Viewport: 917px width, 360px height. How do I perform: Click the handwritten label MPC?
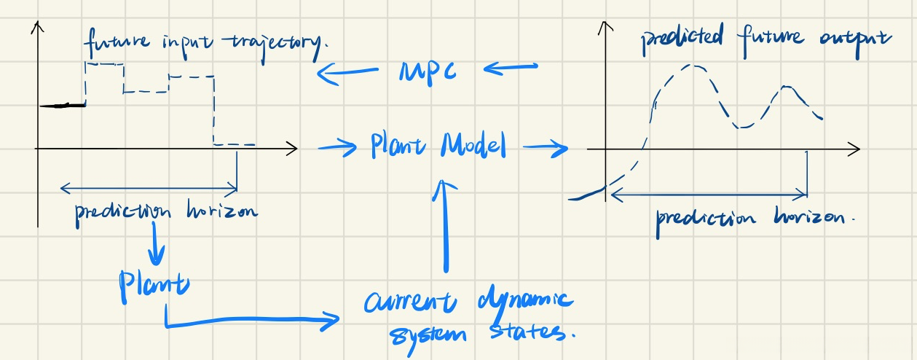428,71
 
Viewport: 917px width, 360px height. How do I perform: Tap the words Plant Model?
437,146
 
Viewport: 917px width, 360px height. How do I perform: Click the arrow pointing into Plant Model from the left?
339,147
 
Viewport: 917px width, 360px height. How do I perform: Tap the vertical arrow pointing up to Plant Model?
441,226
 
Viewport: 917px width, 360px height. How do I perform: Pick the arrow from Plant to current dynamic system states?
248,319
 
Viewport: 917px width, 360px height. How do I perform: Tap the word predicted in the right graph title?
681,41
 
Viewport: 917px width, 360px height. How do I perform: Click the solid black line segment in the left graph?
63,106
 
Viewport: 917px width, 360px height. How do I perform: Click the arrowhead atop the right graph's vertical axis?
602,28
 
